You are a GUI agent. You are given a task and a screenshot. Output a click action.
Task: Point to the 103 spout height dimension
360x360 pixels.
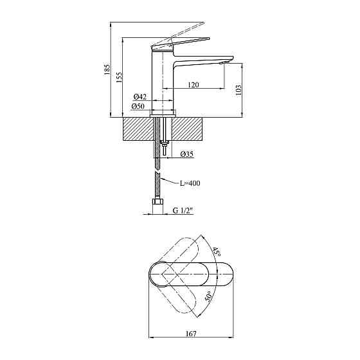coord(238,89)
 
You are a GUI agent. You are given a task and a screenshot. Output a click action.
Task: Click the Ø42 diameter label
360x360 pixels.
coord(139,97)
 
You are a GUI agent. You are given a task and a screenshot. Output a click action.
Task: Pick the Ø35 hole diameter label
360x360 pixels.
coord(187,154)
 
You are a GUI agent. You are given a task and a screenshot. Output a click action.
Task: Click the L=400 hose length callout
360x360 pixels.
coord(190,183)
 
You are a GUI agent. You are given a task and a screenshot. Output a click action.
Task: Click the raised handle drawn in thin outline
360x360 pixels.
coord(183,32)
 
